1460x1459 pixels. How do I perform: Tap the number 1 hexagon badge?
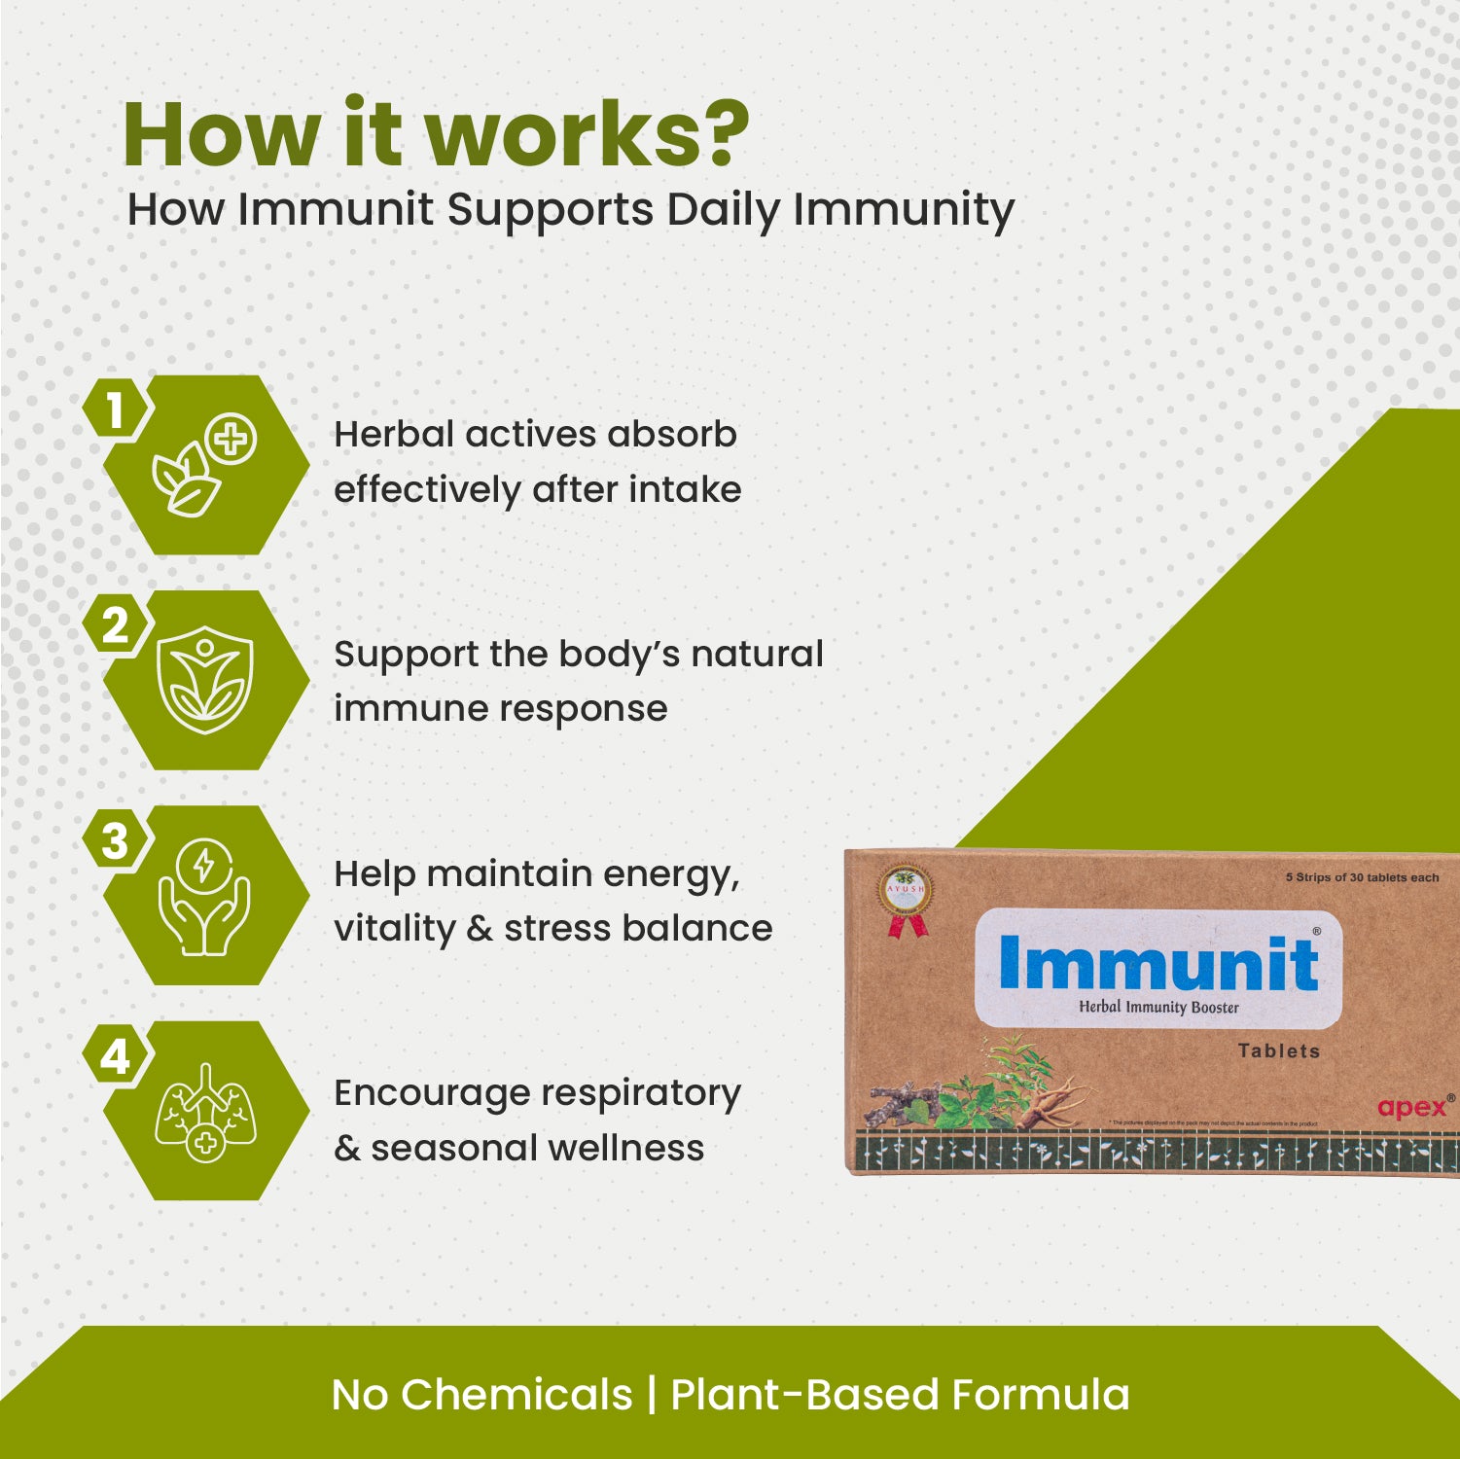(x=116, y=410)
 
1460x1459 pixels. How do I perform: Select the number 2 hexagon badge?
(x=116, y=625)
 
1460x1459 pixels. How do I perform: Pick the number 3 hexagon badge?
(x=116, y=841)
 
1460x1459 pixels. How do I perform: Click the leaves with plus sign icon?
(x=204, y=465)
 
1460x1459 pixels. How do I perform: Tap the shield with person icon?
(x=205, y=680)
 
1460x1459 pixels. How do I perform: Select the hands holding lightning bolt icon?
(x=205, y=896)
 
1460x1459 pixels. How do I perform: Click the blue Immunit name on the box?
(x=1157, y=963)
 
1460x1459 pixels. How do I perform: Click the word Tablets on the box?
(x=1278, y=1050)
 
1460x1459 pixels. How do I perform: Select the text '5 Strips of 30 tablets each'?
(x=1362, y=877)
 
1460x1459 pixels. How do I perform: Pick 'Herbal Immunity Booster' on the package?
(x=1158, y=1008)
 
